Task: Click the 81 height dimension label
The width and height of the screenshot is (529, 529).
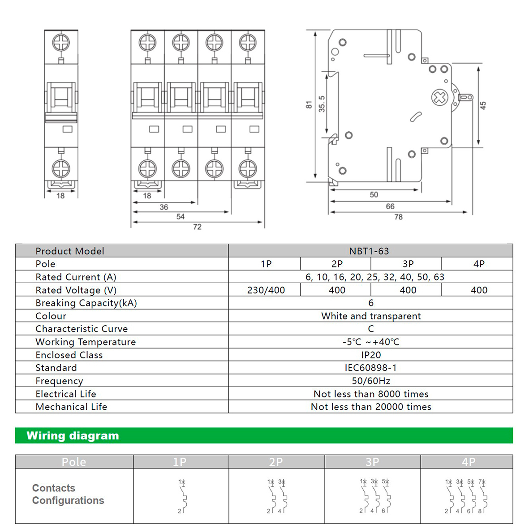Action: pyautogui.click(x=309, y=105)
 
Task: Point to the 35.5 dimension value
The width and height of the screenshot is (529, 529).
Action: pyautogui.click(x=322, y=104)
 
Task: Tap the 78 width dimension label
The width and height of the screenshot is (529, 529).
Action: pyautogui.click(x=398, y=217)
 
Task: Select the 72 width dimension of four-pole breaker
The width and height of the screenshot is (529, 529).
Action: pyautogui.click(x=197, y=227)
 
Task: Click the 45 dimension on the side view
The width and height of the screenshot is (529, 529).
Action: pyautogui.click(x=483, y=106)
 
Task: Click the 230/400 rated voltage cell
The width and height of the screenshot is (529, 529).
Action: pyautogui.click(x=266, y=290)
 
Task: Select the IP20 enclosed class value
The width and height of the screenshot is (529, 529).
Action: pyautogui.click(x=371, y=355)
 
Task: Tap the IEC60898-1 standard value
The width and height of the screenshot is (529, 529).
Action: pyautogui.click(x=370, y=368)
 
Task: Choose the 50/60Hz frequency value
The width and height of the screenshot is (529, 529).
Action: pyautogui.click(x=371, y=381)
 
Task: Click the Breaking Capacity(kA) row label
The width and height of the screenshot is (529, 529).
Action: pyautogui.click(x=86, y=303)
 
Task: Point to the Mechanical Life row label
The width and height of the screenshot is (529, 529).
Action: pyautogui.click(x=71, y=407)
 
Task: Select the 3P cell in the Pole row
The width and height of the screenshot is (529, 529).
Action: pyautogui.click(x=408, y=264)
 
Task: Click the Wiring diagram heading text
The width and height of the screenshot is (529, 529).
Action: pyautogui.click(x=73, y=436)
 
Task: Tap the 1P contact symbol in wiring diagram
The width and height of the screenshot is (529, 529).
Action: pyautogui.click(x=182, y=496)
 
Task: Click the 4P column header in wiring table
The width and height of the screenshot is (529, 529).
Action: pyautogui.click(x=469, y=462)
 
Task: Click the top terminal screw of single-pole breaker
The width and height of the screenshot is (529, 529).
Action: pyautogui.click(x=61, y=43)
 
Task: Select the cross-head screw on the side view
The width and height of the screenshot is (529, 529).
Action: pyautogui.click(x=439, y=97)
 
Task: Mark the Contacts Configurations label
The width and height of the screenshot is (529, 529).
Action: pyautogui.click(x=68, y=495)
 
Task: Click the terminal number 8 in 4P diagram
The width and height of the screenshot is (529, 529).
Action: pyautogui.click(x=480, y=511)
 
